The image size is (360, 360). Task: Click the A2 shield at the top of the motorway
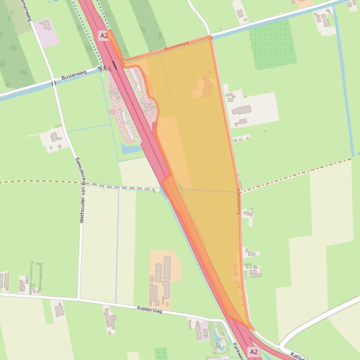103,35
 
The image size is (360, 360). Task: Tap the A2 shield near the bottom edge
254,351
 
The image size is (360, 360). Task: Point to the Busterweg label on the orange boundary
176,46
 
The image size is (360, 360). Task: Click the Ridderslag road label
150,309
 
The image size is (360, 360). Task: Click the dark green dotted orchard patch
272,44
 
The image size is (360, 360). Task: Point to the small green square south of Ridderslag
161,353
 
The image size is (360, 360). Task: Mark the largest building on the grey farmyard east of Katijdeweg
242,110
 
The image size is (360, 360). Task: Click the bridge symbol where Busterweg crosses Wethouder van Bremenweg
54,83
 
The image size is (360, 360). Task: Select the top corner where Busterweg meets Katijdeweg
210,36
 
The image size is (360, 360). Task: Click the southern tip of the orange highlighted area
251,329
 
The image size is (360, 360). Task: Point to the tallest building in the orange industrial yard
167,267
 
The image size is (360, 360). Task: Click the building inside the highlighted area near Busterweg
206,87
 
